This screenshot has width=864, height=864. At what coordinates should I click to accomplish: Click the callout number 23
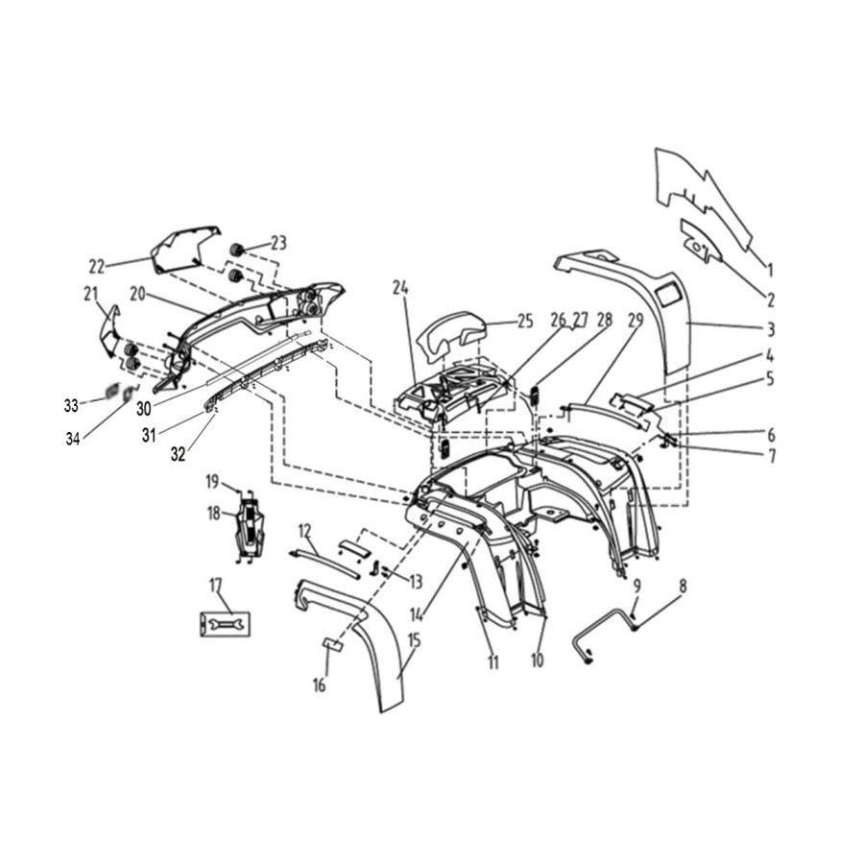click(x=278, y=243)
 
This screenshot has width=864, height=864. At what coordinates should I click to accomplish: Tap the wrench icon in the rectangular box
click(x=225, y=624)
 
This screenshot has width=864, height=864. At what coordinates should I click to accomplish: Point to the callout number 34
click(x=73, y=439)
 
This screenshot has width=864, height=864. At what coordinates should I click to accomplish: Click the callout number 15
click(x=415, y=640)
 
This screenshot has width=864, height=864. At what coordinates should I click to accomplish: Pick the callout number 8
click(x=683, y=586)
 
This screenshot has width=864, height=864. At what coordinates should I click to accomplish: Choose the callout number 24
click(x=400, y=288)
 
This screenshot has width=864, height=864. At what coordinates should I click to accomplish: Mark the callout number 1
click(x=770, y=270)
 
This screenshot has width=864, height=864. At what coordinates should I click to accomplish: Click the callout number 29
click(x=636, y=320)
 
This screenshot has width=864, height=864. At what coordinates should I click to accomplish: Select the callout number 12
click(x=304, y=531)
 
